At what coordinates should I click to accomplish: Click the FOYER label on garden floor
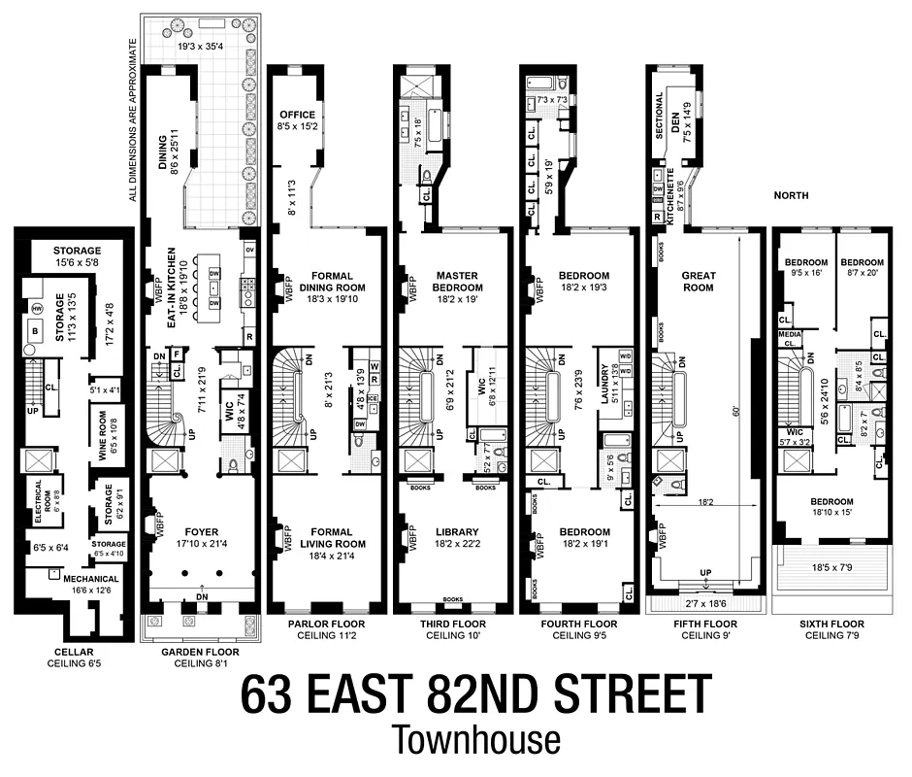199,531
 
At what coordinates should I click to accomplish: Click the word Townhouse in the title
476,739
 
